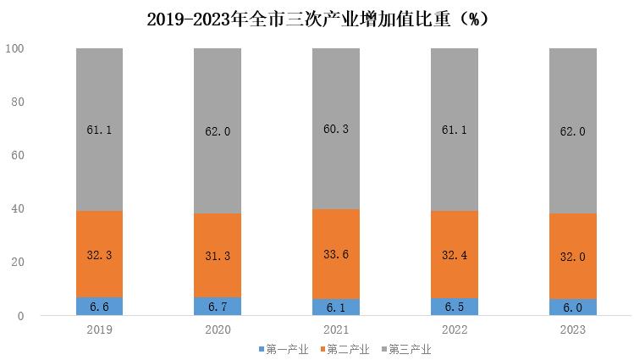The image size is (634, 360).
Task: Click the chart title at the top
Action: point(317,19)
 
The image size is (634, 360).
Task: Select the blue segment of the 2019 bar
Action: point(99,306)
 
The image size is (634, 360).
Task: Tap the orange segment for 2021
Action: point(336,254)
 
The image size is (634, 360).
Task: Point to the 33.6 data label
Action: point(336,254)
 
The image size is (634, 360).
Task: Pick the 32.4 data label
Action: point(455,253)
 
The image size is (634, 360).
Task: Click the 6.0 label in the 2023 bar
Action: point(573,307)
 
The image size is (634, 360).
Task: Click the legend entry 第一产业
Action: point(284,349)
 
